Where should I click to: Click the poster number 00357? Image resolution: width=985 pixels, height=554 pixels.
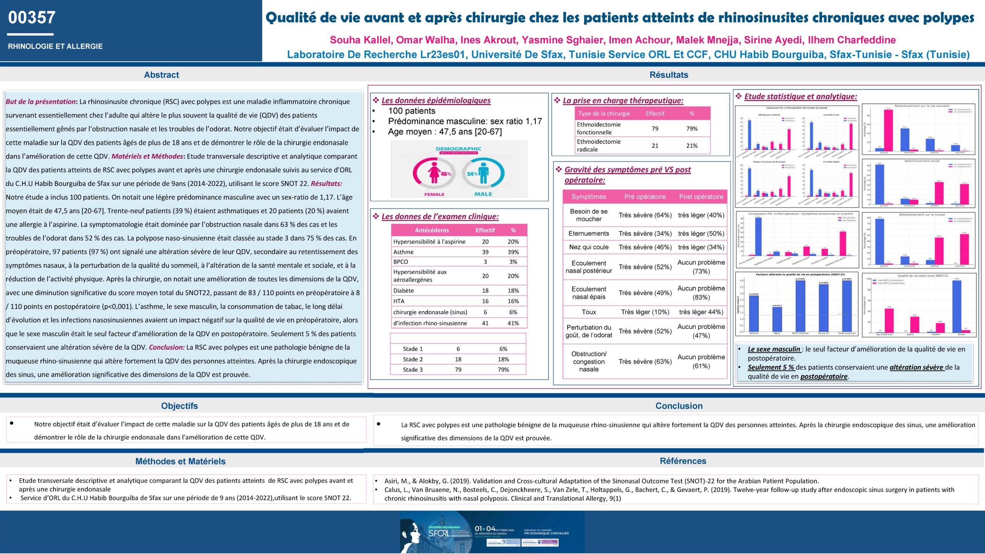32,18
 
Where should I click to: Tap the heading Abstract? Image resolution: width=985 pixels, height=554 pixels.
161,75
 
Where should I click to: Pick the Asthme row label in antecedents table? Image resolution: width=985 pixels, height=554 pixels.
403,252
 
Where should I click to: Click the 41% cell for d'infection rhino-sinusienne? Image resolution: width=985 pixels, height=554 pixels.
513,323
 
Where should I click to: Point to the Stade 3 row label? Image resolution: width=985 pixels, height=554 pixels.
412,370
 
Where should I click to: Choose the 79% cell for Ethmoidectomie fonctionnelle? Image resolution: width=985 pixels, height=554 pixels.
691,128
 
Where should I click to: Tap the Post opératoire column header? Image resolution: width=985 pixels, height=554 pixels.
701,197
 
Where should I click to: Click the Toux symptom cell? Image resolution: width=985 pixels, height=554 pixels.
589,312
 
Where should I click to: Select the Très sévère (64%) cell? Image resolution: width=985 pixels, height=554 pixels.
645,215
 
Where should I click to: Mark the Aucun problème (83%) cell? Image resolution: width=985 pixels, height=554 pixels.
701,293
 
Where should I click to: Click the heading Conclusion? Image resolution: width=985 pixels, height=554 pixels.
679,406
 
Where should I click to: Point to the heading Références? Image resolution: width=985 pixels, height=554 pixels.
683,461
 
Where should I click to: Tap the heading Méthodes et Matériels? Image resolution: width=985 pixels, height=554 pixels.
180,461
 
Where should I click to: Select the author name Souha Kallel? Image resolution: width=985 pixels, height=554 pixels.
361,40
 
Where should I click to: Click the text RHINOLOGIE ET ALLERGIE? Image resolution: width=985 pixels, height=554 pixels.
55,46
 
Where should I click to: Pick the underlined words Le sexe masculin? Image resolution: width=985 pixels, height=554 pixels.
774,349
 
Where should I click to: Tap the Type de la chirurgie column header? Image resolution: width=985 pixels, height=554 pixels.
604,113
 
